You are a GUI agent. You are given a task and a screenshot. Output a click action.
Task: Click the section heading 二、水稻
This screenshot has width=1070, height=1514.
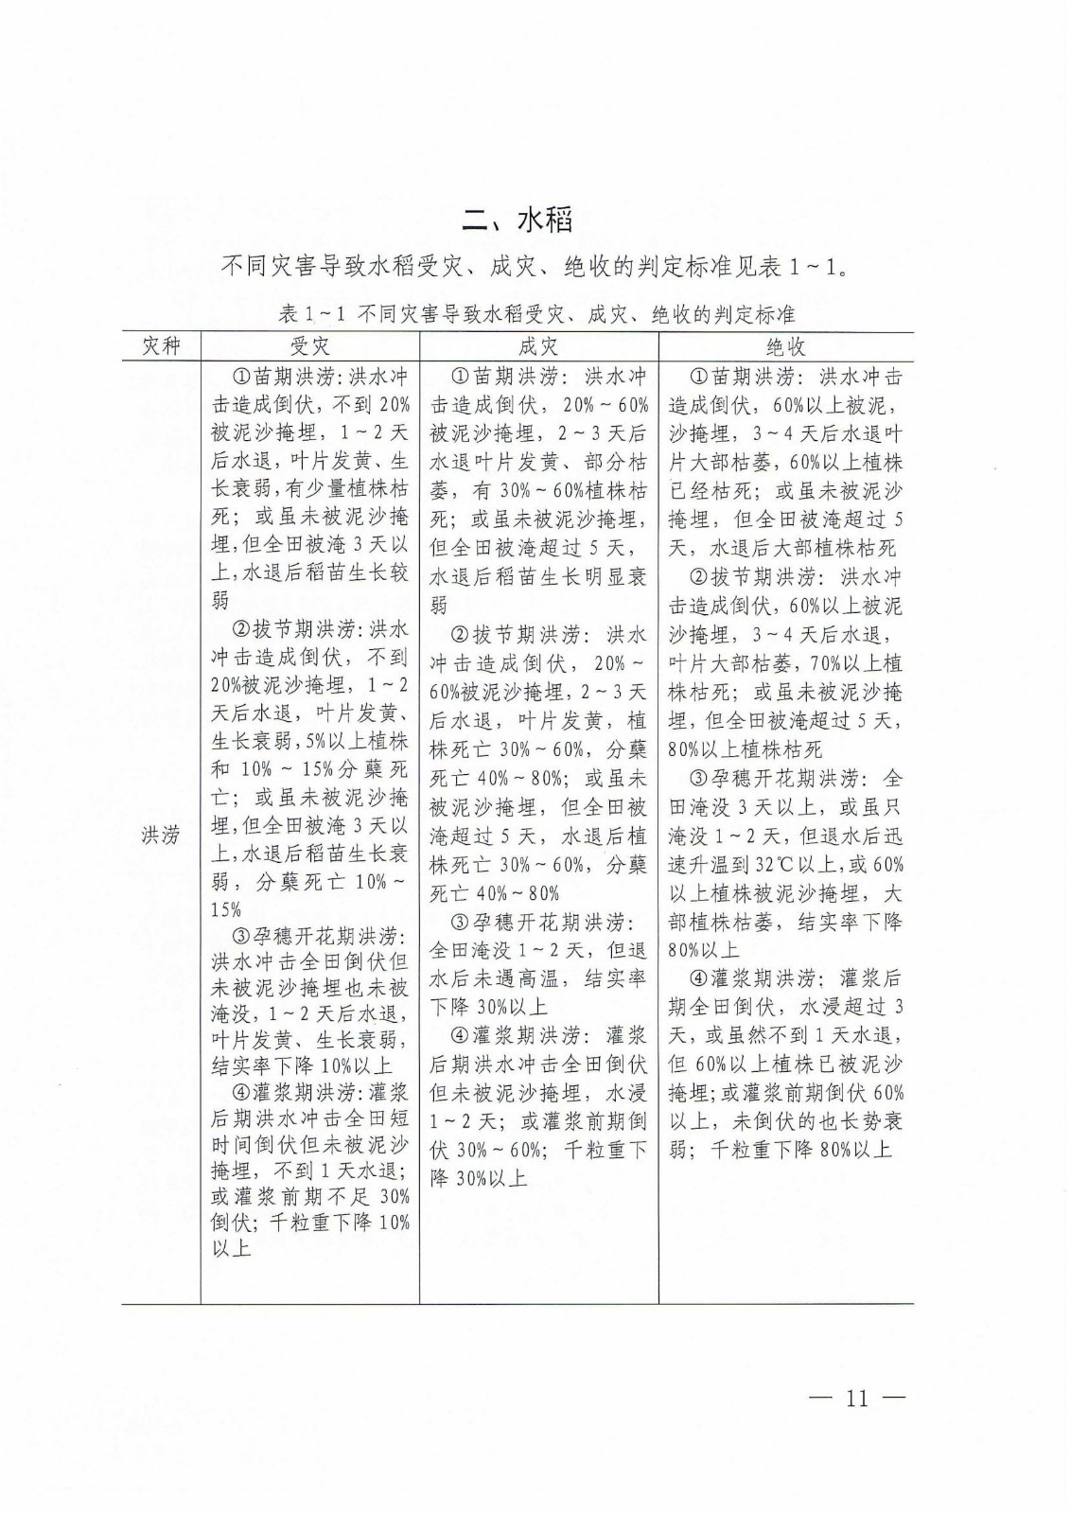[517, 221]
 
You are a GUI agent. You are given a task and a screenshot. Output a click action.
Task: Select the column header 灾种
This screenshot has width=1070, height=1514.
[160, 345]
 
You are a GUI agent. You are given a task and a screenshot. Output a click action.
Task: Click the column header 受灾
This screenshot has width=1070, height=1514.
[309, 345]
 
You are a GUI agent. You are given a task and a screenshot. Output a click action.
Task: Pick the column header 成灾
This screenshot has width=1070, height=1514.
[538, 345]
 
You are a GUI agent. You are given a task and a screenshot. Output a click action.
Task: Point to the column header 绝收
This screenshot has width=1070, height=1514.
[785, 345]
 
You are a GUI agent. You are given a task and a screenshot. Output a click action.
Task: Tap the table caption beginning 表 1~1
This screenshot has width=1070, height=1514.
[537, 313]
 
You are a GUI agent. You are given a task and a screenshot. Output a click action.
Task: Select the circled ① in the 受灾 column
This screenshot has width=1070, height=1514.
[243, 377]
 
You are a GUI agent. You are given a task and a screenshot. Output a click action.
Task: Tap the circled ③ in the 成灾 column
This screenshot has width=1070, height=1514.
[461, 922]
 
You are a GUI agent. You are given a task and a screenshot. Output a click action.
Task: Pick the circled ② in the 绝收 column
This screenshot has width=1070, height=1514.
[699, 576]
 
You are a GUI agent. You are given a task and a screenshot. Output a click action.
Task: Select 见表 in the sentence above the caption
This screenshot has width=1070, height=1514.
[755, 267]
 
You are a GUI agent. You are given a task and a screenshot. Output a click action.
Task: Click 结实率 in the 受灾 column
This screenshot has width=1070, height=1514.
[243, 1065]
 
